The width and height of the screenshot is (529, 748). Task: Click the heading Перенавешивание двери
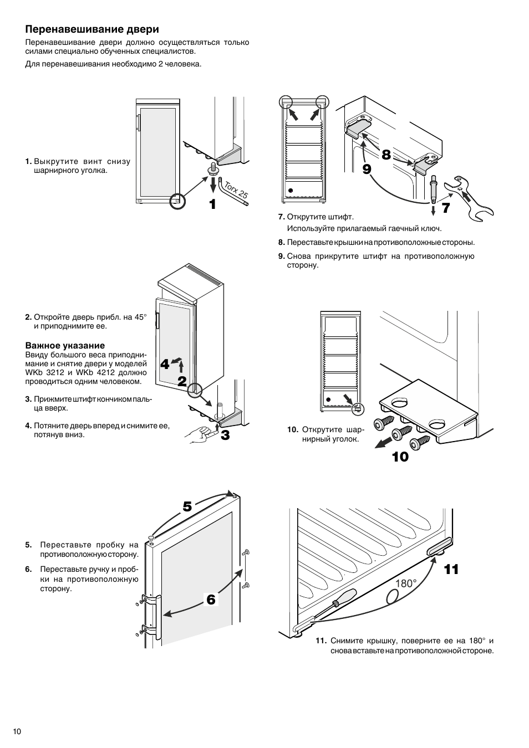point(92,29)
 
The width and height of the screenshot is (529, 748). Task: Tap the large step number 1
point(212,204)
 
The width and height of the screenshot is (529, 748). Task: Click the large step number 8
point(386,155)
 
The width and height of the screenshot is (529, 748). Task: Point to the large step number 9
point(367,168)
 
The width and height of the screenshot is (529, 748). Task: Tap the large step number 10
point(400,457)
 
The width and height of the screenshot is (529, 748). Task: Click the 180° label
point(406,583)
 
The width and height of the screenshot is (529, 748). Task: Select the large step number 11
point(451,570)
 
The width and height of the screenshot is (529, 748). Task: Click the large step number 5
point(187,506)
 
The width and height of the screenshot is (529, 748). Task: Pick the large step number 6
point(211,599)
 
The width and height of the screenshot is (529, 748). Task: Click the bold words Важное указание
point(65,345)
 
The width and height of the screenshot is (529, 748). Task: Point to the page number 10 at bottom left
point(17,731)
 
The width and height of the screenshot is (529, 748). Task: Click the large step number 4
point(165,364)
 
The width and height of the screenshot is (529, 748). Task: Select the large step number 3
point(225,436)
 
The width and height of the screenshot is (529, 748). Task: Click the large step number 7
point(446,208)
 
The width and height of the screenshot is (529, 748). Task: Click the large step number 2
point(182,382)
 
